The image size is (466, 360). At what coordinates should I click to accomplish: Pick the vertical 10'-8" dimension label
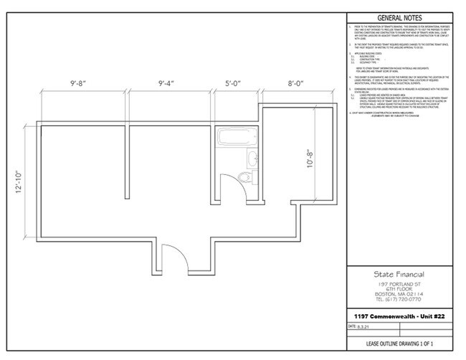pos(310,169)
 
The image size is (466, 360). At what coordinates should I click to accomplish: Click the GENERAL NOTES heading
pos(399,19)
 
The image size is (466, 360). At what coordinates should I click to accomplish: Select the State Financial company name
pos(399,275)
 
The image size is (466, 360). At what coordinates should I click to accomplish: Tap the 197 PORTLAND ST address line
pos(399,284)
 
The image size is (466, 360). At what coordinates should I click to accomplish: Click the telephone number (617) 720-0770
pos(399,299)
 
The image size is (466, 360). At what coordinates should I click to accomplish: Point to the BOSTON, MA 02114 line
pos(399,294)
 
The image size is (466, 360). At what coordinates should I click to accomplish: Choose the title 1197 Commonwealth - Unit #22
pos(399,316)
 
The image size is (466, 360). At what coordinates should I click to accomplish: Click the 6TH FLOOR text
pos(399,289)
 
